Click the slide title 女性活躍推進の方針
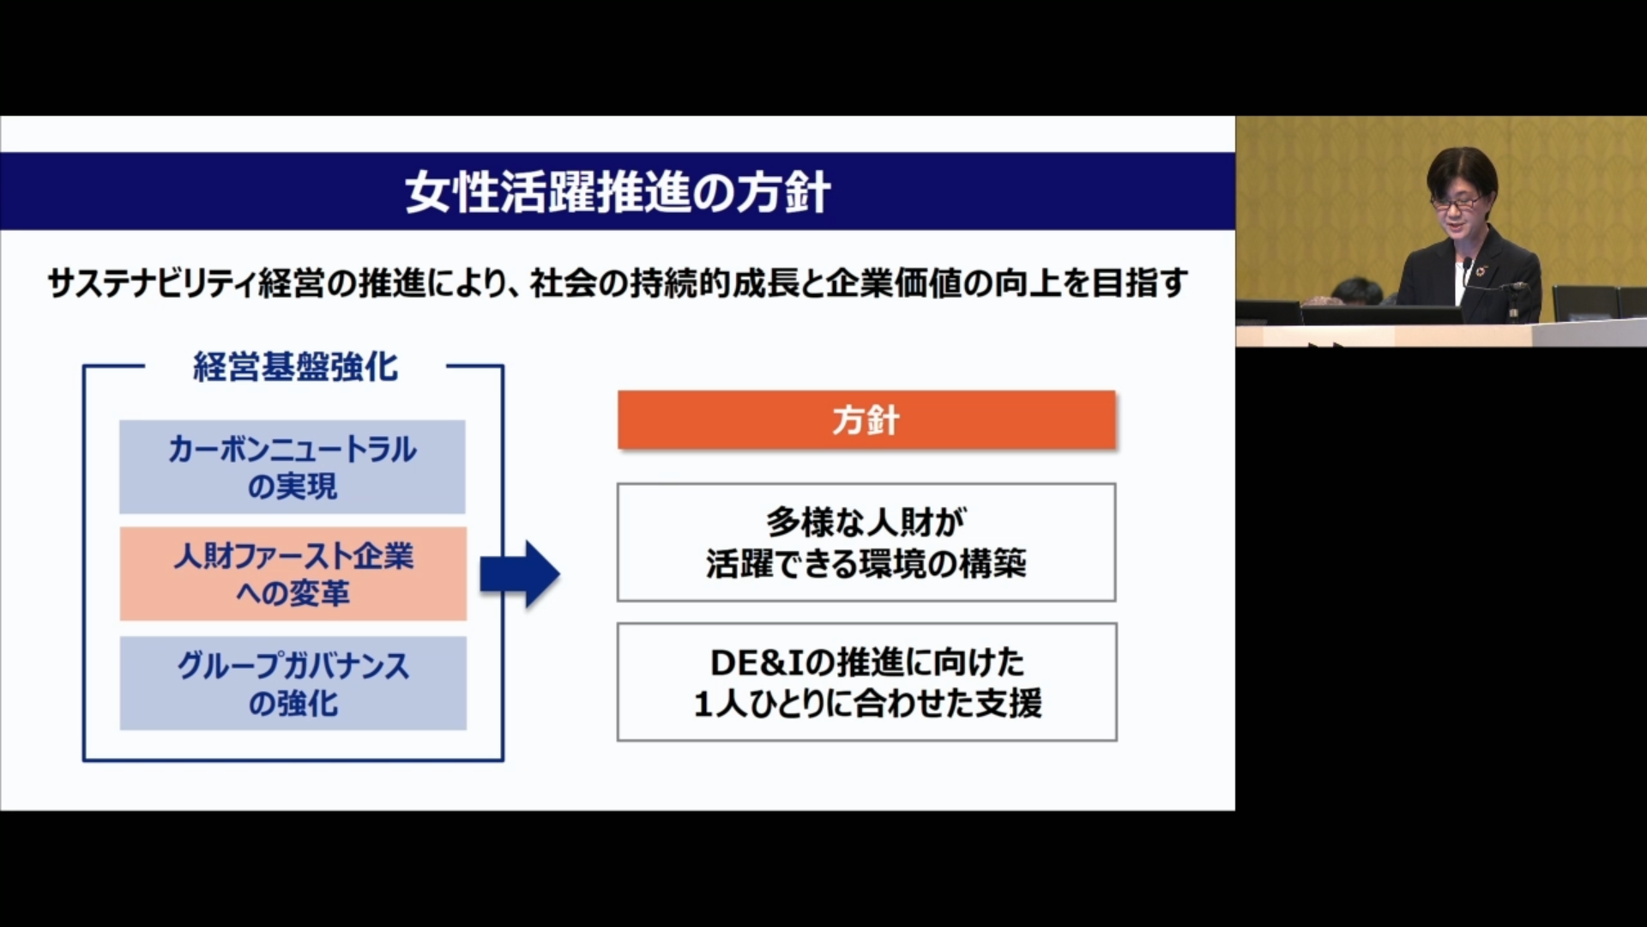tap(618, 191)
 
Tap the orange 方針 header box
tap(866, 420)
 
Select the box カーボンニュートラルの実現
tap(293, 467)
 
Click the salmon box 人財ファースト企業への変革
tap(293, 573)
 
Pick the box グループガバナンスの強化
tap(293, 683)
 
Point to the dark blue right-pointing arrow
tap(520, 573)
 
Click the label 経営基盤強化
tap(295, 367)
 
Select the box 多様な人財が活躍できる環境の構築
tap(866, 542)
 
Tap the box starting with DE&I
tap(866, 682)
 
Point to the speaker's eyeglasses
tap(1457, 203)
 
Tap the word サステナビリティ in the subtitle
tap(151, 282)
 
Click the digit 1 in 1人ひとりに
tap(703, 705)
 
